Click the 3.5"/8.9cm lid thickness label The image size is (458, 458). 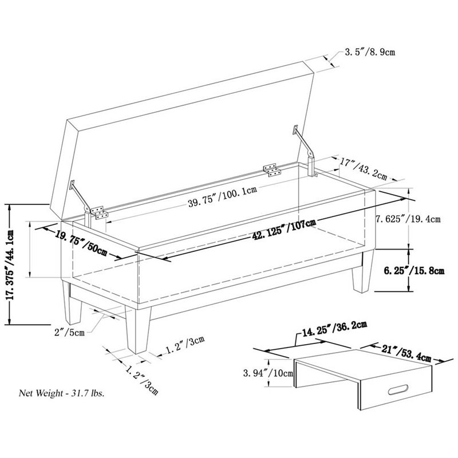click(370, 52)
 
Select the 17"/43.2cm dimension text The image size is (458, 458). click(364, 168)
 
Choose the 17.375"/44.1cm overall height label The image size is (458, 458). click(10, 264)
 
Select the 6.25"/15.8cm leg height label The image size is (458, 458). click(414, 271)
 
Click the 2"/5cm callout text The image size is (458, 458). click(69, 332)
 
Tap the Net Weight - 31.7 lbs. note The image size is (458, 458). click(62, 393)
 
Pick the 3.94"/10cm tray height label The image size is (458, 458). click(268, 373)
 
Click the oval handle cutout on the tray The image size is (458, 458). click(398, 390)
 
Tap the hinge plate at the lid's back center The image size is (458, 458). click(272, 170)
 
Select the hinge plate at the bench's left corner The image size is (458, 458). click(99, 212)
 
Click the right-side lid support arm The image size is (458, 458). click(305, 149)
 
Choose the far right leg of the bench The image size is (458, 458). click(363, 271)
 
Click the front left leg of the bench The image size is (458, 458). click(72, 303)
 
